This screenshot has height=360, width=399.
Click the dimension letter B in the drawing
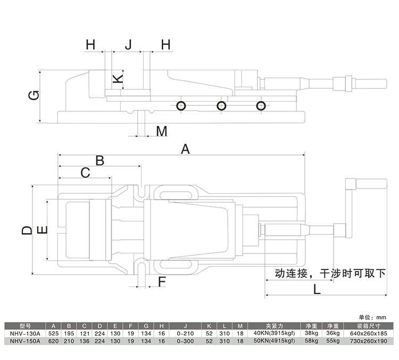[x=99, y=160]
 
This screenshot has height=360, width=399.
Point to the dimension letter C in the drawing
[x=85, y=172]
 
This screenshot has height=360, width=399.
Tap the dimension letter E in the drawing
[x=43, y=230]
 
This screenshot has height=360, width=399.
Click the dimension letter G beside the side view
[x=33, y=96]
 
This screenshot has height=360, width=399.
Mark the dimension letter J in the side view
[x=128, y=45]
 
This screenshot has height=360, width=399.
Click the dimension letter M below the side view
[x=162, y=130]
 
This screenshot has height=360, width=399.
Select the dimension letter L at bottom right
[x=317, y=290]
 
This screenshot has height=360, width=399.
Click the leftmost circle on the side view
[x=181, y=105]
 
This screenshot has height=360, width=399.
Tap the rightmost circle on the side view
[x=261, y=105]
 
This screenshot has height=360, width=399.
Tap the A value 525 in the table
[x=53, y=333]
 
